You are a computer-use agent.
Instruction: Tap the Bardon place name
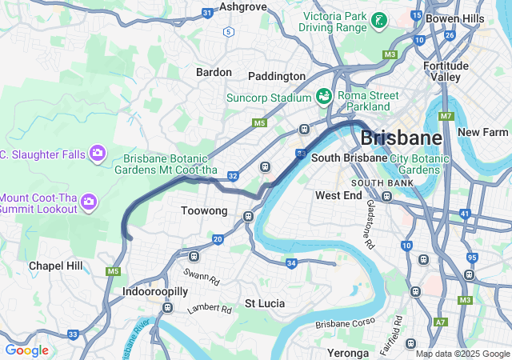click(x=214, y=72)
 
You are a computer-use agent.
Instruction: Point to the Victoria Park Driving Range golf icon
click(x=380, y=20)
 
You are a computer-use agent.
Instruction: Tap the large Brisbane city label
click(x=401, y=138)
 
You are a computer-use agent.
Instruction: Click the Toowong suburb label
click(x=206, y=211)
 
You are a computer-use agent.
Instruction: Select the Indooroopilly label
click(x=155, y=292)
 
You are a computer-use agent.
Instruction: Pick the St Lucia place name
click(x=261, y=303)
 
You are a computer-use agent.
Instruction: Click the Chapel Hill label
click(x=55, y=266)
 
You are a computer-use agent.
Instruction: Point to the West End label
click(x=338, y=195)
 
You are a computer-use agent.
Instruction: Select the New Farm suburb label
click(x=483, y=132)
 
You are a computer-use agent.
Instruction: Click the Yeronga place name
click(x=348, y=353)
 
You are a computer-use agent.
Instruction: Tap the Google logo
click(x=26, y=350)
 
